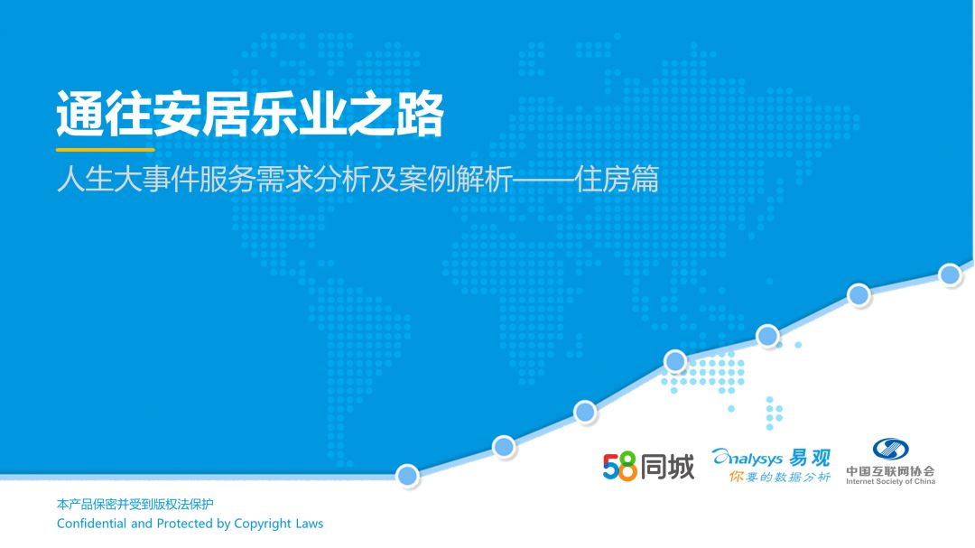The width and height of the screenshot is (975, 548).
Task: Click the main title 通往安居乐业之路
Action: (249, 114)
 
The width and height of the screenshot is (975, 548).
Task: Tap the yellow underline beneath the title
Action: (105, 149)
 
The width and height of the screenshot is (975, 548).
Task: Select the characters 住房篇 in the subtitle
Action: (617, 179)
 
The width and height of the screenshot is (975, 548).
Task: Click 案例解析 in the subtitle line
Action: (456, 179)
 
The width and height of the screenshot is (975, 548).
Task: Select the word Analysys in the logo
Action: (747, 458)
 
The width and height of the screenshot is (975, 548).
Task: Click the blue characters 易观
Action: (810, 458)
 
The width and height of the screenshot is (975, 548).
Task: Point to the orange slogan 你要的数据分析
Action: (780, 477)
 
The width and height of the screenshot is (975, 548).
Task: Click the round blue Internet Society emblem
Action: (890, 449)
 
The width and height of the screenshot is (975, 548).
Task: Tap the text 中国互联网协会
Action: (890, 471)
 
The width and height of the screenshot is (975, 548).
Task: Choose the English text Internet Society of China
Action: (890, 481)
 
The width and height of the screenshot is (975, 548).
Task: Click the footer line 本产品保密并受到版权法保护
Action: (135, 504)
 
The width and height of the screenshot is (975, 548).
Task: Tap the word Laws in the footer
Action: (310, 523)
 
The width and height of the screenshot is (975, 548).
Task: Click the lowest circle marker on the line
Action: (407, 476)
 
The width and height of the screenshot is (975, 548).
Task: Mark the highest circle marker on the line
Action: (950, 274)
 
